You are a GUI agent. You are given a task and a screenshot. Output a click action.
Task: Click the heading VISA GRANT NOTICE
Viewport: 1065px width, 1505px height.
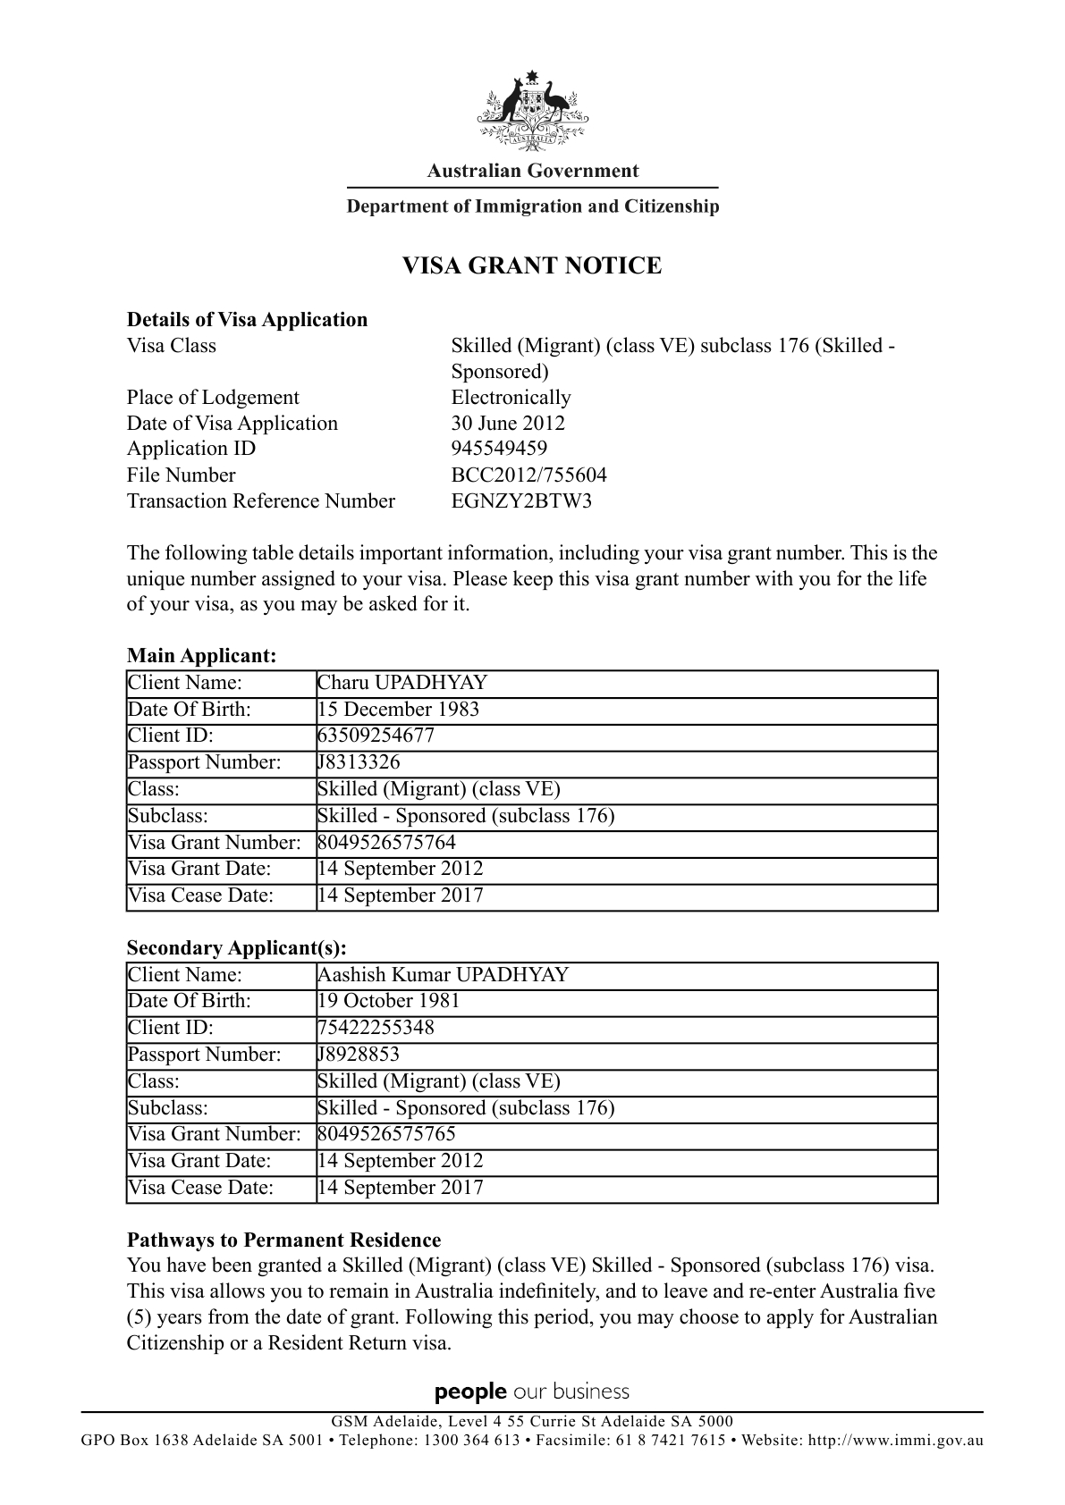point(532,266)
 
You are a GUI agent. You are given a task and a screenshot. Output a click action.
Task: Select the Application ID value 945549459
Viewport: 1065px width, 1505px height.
point(499,449)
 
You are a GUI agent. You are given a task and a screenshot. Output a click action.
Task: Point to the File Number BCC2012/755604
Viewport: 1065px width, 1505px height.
point(528,475)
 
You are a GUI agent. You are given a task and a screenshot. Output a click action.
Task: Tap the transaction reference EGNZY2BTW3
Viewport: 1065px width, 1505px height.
point(521,500)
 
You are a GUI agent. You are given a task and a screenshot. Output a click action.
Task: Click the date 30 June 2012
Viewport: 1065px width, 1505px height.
point(508,423)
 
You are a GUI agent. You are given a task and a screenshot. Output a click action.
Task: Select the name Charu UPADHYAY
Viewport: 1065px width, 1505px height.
point(402,683)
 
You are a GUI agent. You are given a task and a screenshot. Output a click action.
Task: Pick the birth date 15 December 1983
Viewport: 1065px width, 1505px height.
point(399,710)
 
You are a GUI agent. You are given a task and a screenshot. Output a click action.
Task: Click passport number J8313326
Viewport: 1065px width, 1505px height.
point(359,762)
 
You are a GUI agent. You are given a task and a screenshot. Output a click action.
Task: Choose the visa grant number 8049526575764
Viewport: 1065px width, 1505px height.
point(386,842)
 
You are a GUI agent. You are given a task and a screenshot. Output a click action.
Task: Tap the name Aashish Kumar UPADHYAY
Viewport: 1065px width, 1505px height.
point(444,975)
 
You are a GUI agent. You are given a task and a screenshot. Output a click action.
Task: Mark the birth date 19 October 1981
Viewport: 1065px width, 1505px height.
point(389,1001)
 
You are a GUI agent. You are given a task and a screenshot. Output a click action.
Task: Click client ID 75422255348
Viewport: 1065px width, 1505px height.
point(376,1028)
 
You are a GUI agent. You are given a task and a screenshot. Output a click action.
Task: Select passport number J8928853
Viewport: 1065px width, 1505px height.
point(359,1055)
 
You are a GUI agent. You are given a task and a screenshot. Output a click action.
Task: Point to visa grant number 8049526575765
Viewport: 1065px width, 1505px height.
point(386,1134)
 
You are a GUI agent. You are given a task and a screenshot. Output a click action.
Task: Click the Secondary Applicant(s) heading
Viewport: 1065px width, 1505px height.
point(236,947)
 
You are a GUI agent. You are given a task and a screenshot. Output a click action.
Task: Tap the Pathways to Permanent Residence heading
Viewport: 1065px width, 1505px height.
point(283,1240)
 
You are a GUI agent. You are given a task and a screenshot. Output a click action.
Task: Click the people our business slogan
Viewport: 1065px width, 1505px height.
point(532,1391)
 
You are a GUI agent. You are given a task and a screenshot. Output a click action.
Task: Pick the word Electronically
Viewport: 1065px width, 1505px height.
point(511,398)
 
